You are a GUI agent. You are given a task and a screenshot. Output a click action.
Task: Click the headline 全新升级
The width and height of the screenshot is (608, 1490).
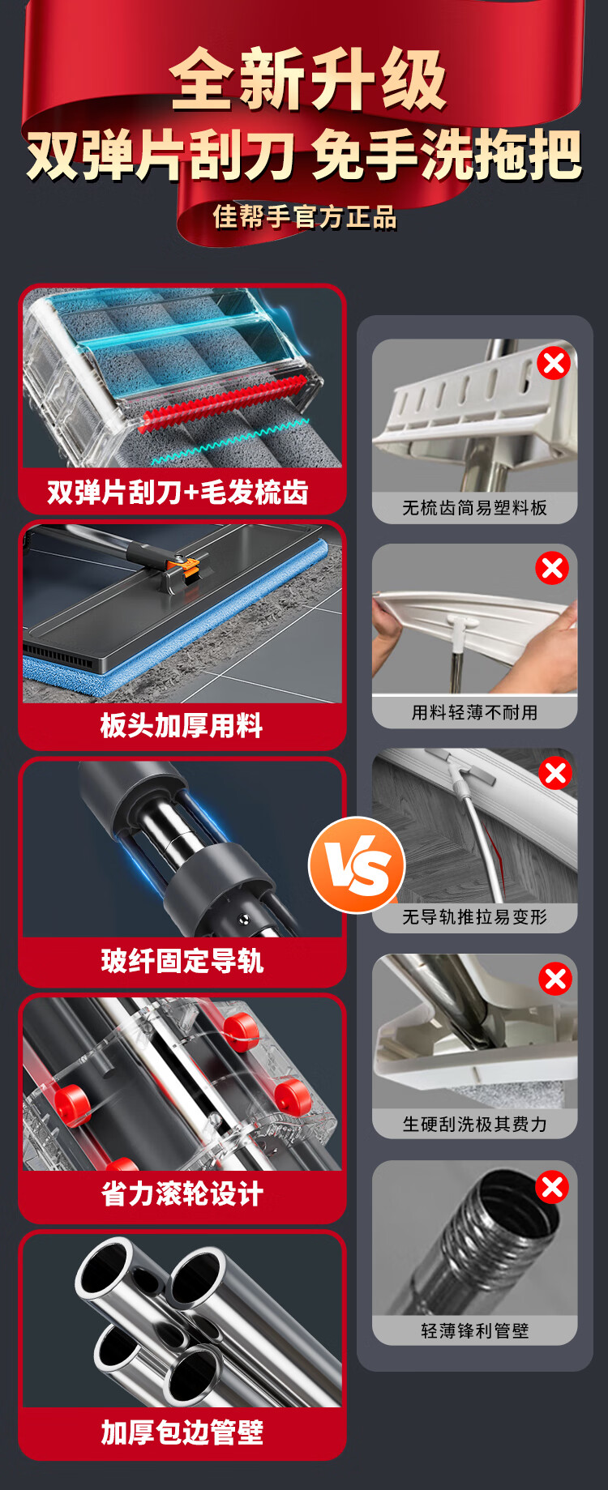(308, 79)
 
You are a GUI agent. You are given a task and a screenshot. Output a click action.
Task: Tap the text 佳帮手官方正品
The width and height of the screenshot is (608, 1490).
(305, 217)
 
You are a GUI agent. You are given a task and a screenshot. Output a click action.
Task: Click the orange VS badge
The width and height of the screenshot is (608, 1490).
(357, 865)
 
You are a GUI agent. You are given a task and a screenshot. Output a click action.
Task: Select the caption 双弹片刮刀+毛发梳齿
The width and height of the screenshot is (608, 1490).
(178, 492)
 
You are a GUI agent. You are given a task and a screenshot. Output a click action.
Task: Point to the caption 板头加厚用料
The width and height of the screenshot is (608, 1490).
(182, 725)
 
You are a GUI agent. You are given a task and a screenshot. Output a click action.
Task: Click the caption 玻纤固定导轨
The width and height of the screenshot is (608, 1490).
(182, 961)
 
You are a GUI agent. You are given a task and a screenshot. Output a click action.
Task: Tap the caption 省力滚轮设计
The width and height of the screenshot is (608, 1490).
(182, 1193)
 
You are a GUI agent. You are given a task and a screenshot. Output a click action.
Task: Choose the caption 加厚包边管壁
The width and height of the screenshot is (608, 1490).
(182, 1432)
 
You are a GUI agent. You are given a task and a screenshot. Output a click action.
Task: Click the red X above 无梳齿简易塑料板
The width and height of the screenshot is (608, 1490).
(554, 363)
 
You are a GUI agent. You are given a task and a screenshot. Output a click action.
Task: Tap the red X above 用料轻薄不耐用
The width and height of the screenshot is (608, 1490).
(552, 568)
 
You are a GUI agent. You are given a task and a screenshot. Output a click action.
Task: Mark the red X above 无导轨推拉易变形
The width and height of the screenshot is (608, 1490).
(555, 773)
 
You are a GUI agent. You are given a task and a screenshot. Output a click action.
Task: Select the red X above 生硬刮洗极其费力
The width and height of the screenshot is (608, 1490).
(555, 979)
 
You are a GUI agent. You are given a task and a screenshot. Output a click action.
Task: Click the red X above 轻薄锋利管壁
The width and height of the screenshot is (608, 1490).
(552, 1187)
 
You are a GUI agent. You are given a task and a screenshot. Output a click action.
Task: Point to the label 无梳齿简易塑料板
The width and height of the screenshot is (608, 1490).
(475, 508)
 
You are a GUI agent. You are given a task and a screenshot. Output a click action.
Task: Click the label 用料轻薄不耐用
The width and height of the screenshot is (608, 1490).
(475, 713)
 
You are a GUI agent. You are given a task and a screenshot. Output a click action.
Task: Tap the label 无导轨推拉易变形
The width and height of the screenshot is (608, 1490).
(475, 917)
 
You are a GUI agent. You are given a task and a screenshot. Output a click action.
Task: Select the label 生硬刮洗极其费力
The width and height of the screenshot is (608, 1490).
(475, 1124)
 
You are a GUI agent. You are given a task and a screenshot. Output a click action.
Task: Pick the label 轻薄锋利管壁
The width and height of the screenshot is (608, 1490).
(475, 1330)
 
